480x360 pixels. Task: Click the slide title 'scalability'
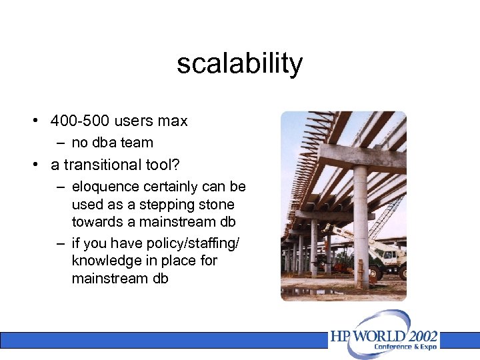click(x=239, y=64)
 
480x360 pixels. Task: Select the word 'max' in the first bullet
click(x=173, y=121)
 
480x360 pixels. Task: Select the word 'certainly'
click(x=174, y=187)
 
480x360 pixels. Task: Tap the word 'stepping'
click(x=163, y=205)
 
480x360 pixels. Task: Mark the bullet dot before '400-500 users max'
click(x=33, y=121)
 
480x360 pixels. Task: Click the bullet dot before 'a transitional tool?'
click(x=33, y=165)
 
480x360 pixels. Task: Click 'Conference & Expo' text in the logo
click(x=406, y=347)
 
